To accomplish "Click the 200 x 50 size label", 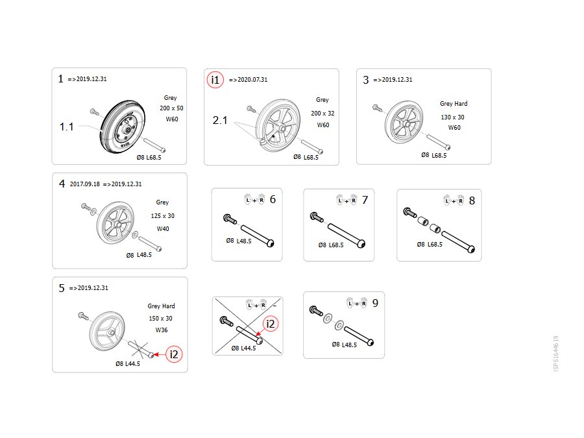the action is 171,108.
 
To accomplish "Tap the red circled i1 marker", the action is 215,80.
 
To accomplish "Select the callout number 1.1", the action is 67,127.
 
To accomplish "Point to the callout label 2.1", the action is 220,120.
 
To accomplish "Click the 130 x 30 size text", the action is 452,117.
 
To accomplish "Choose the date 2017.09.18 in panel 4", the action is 85,184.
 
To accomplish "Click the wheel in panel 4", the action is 115,223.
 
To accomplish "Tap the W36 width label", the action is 162,330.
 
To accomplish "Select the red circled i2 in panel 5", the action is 174,354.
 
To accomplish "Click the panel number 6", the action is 273,200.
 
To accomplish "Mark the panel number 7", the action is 365,200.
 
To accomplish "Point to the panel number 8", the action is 472,201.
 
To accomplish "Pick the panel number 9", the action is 376,303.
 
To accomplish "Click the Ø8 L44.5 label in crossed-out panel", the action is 243,348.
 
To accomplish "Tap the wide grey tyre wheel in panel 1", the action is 122,127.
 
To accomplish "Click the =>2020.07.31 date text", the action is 248,80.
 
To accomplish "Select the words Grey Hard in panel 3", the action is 454,104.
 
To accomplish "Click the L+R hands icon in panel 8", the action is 454,201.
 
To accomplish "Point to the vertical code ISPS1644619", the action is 555,354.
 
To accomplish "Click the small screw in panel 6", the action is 230,219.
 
